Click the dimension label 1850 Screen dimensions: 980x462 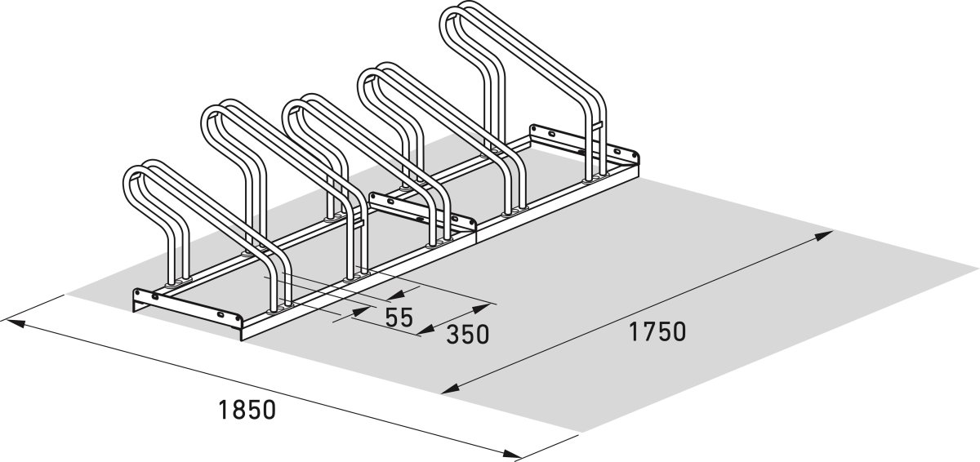[247, 410]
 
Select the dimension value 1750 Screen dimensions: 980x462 [657, 331]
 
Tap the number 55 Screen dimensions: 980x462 [399, 318]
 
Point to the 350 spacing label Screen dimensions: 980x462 [467, 335]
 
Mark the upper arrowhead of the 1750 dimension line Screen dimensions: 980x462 [822, 236]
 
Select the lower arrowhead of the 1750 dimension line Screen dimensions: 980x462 [451, 389]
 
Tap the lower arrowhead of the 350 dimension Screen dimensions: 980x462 [426, 331]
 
